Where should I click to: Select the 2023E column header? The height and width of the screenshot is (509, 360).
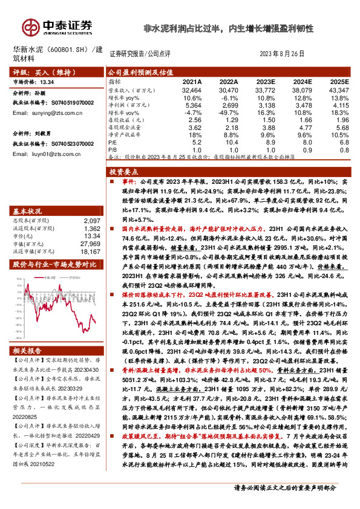[x=267, y=81]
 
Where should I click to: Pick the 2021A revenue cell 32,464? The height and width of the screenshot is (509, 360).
[x=191, y=89]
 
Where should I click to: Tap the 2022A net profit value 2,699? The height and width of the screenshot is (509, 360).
[x=229, y=105]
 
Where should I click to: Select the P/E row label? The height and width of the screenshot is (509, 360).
[x=114, y=143]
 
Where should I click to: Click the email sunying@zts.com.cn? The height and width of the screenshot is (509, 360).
[x=46, y=113]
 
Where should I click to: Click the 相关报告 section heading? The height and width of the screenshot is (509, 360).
[x=27, y=351]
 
